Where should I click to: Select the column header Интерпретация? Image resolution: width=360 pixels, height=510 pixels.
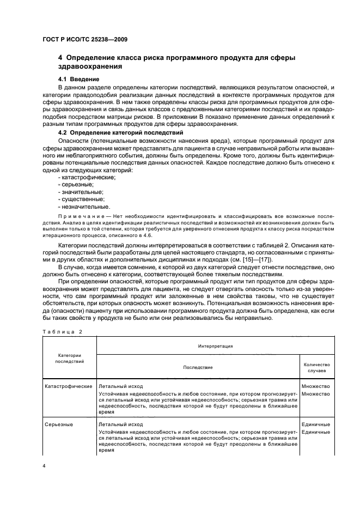click(215, 345)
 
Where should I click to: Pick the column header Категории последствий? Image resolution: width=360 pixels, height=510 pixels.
click(69, 357)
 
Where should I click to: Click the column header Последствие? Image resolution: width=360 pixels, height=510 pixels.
click(197, 367)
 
